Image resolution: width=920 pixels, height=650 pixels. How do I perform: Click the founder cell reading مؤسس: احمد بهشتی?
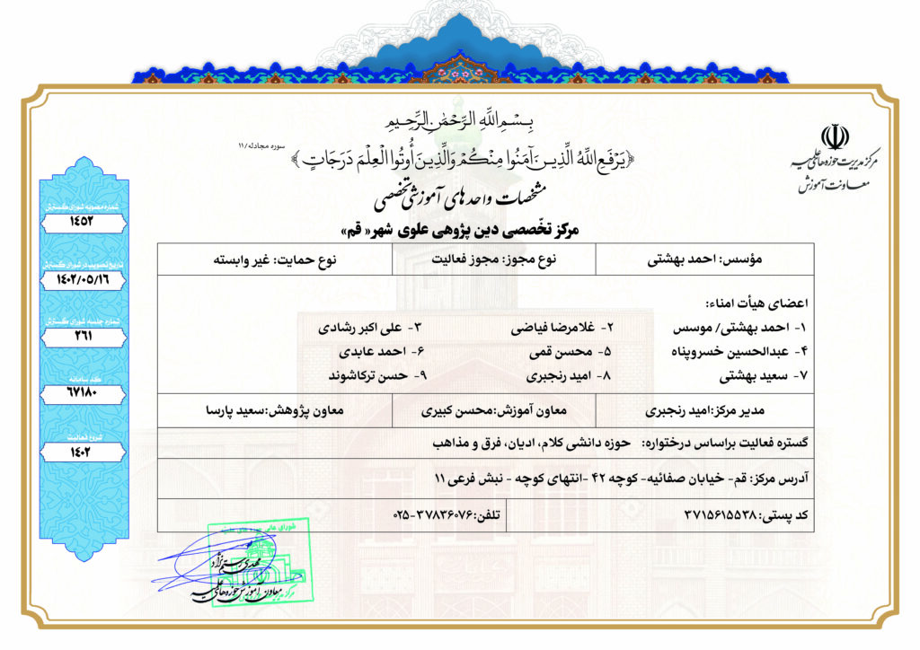pos(716,259)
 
